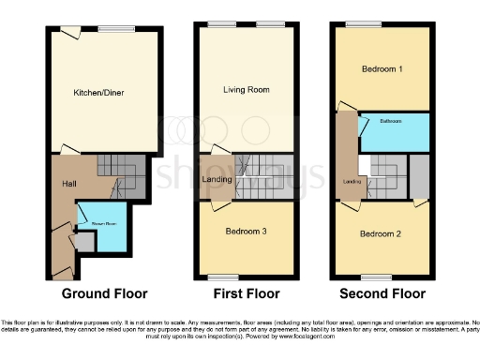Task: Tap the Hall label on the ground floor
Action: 69,183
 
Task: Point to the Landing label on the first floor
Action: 217,180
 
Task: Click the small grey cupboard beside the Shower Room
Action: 85,243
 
